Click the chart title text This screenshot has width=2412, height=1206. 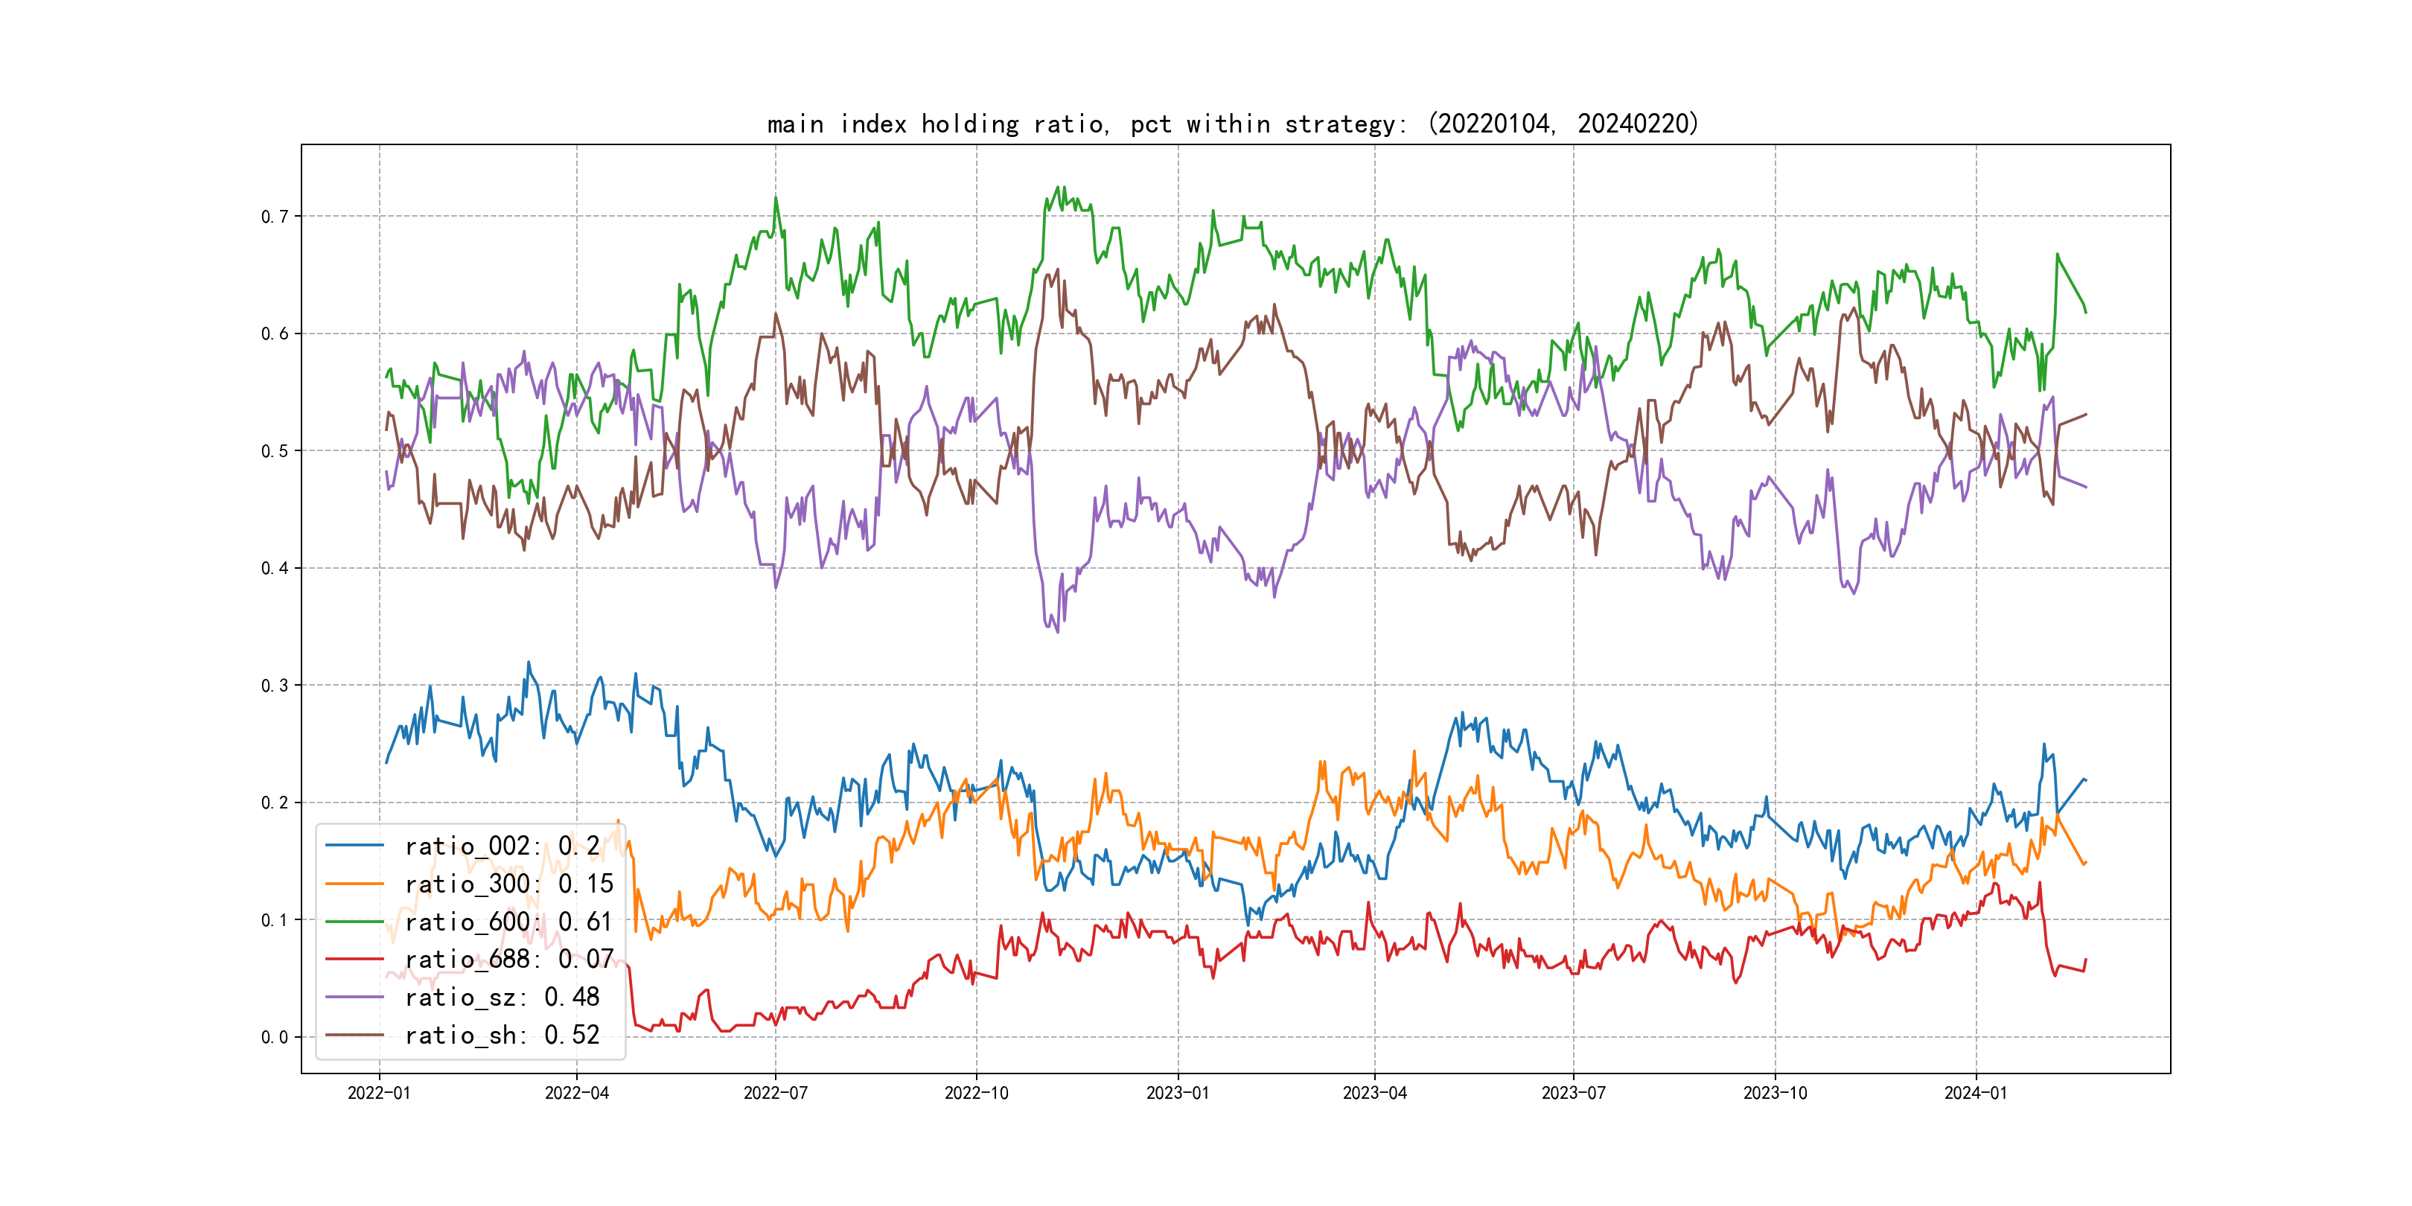click(x=1233, y=124)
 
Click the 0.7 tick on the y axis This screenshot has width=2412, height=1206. click(x=275, y=217)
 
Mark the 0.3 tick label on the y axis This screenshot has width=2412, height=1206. click(x=275, y=686)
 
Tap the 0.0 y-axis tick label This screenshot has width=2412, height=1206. click(x=275, y=1036)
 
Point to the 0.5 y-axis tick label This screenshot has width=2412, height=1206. click(x=275, y=450)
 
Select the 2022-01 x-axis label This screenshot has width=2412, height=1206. click(x=379, y=1093)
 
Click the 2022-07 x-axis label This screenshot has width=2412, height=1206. click(x=775, y=1093)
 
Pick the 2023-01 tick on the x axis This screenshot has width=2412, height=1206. click(x=1178, y=1093)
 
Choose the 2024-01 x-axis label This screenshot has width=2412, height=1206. click(x=1976, y=1093)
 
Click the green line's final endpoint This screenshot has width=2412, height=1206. click(x=2086, y=312)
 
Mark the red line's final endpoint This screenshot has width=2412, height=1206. click(x=2086, y=960)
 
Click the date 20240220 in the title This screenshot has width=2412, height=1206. click(x=1633, y=124)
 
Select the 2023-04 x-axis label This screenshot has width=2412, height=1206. click(x=1374, y=1093)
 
